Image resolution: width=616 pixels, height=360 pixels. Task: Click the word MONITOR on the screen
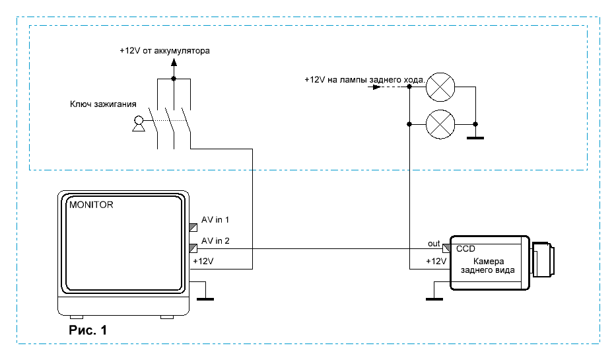[91, 205]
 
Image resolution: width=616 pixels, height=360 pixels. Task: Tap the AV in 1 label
[215, 219]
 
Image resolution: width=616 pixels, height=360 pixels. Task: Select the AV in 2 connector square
[193, 248]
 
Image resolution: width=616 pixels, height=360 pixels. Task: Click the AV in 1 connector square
[193, 227]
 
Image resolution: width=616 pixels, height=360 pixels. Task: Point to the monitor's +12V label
[203, 262]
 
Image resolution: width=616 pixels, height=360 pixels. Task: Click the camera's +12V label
[436, 262]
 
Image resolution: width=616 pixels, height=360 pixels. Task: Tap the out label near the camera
[434, 244]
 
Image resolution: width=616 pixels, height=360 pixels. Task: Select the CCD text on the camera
[465, 248]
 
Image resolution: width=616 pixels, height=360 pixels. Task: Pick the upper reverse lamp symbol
[440, 87]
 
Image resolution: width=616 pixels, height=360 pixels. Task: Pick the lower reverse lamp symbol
[440, 124]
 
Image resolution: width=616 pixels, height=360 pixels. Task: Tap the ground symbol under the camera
[434, 297]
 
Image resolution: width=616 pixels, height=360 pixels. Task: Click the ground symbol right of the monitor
[206, 297]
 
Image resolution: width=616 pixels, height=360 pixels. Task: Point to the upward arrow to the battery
[174, 63]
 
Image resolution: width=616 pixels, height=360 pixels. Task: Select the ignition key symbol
[139, 124]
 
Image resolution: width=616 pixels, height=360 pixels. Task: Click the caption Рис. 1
[88, 330]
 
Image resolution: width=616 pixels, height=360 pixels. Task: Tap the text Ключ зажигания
[103, 104]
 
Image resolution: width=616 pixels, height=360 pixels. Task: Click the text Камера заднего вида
[489, 266]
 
